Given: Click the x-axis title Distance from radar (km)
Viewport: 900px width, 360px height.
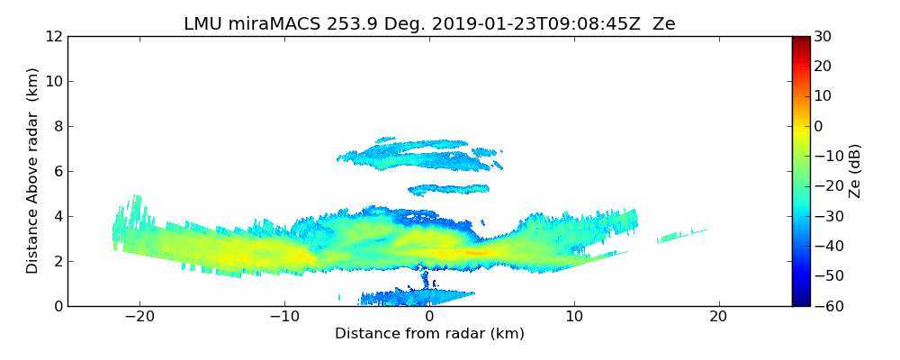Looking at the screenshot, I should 429,334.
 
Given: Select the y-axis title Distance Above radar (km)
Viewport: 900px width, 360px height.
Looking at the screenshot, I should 33,170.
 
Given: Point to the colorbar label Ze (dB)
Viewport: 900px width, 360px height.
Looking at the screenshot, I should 855,170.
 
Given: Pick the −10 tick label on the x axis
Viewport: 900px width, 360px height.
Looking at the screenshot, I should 284,317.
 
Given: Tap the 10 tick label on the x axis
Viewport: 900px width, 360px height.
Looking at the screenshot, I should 574,317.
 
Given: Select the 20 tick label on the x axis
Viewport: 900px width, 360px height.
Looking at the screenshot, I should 718,317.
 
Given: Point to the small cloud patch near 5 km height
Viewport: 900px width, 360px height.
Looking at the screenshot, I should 448,189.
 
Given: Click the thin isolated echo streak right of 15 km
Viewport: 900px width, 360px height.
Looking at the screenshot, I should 681,236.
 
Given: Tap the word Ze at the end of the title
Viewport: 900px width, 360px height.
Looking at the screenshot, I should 664,24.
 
